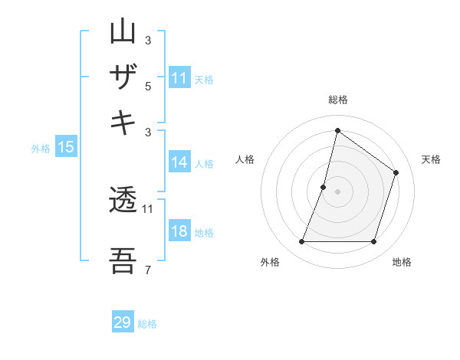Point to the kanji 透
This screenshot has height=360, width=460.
pos(123,202)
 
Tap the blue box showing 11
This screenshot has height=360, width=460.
pos(179,78)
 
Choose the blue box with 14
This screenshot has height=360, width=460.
pos(179,162)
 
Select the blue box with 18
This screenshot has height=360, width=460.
pos(179,232)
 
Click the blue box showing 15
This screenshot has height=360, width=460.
pos(66,147)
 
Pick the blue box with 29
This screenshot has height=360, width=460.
pos(123,322)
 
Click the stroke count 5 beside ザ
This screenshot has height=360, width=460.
pos(148,87)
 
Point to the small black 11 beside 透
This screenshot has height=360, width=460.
pos(148,208)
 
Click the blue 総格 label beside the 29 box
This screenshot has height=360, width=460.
pos(147,324)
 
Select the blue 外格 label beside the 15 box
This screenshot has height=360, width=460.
pos(41,149)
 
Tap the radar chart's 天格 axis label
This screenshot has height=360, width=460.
pos(431,159)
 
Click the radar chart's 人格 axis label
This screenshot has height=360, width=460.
pos(245,159)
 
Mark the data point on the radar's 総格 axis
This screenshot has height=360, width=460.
pos(337,130)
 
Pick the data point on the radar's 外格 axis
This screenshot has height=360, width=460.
pos(301,242)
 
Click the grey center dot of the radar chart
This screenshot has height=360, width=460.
pos(337,191)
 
